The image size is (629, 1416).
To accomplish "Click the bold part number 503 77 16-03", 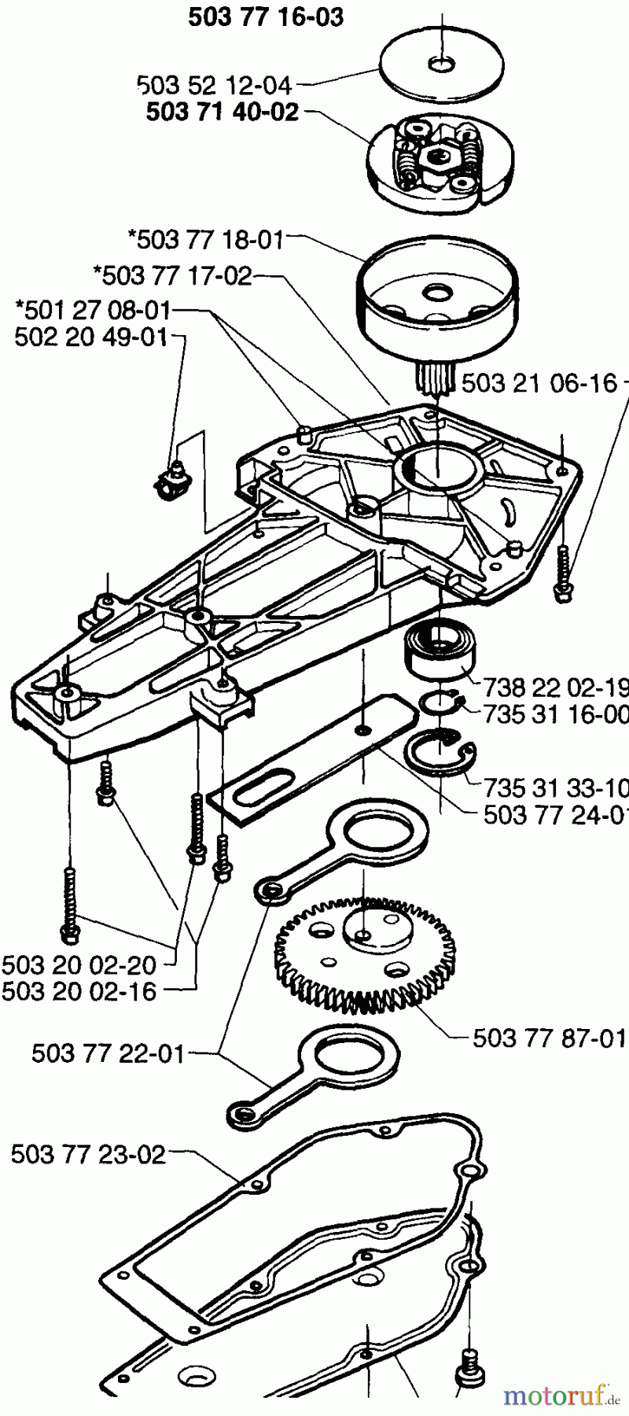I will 265,17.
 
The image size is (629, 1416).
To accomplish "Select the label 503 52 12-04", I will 214,85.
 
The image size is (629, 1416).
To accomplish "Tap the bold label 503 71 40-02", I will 223,112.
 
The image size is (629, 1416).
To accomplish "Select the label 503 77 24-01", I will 555,815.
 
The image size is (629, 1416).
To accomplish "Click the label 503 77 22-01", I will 109,1053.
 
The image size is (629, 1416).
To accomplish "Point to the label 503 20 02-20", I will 79,964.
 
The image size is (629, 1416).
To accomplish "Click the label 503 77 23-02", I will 88,1155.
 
